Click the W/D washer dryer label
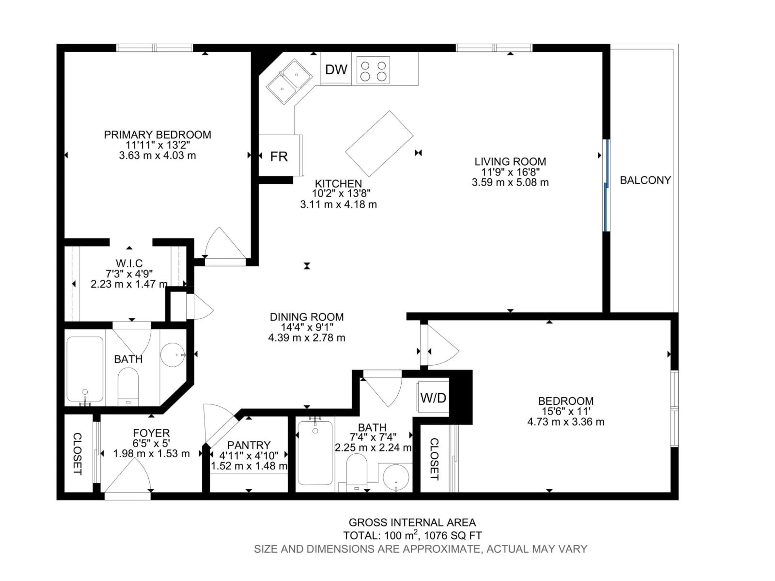[x=433, y=398]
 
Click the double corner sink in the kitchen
[x=289, y=81]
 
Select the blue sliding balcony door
[x=606, y=186]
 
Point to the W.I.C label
[x=129, y=263]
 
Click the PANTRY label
[x=249, y=445]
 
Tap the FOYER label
[x=151, y=433]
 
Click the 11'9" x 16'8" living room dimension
[x=510, y=172]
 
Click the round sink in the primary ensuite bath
[x=173, y=355]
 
